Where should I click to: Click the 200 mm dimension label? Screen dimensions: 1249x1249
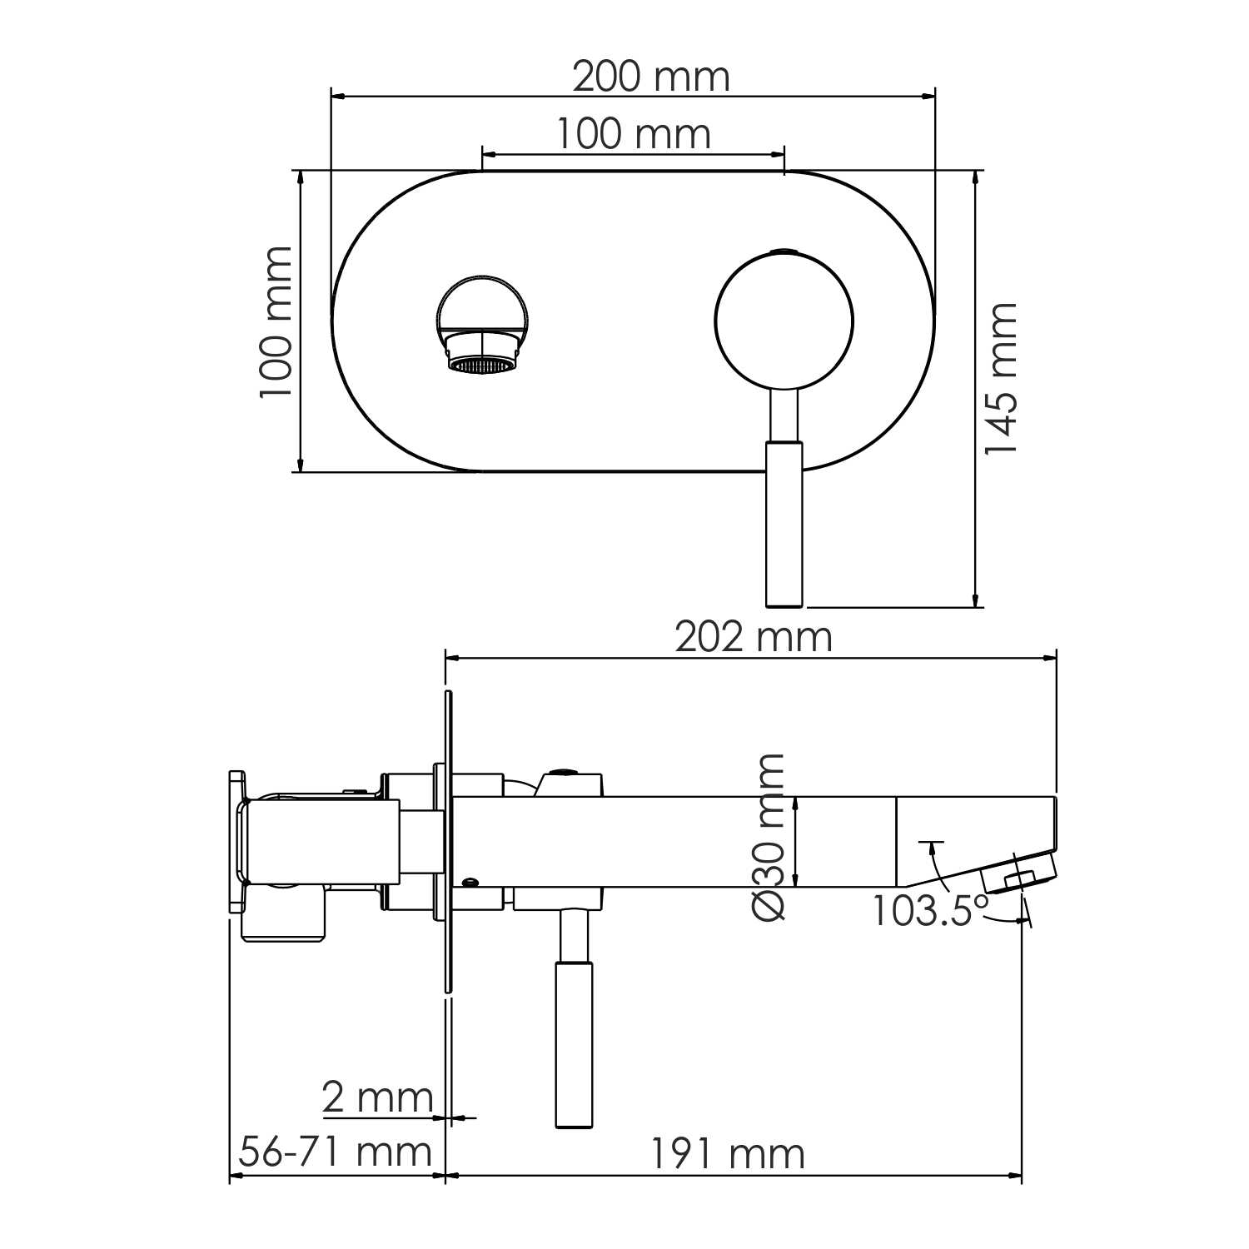click(650, 77)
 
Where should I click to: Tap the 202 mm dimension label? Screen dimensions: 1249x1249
click(753, 638)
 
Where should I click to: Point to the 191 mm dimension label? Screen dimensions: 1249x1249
click(727, 1154)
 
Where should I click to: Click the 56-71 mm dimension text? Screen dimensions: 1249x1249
click(335, 1152)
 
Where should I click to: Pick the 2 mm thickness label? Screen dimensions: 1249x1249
click(377, 1098)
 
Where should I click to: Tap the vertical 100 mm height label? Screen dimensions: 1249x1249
click(276, 322)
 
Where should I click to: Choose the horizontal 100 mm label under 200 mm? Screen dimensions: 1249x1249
click(633, 134)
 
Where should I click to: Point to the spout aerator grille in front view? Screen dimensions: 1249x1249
click(482, 366)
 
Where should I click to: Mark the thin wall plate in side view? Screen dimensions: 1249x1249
click(449, 841)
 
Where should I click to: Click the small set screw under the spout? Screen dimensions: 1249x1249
click(471, 882)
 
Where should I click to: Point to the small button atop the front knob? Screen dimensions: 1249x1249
click(784, 251)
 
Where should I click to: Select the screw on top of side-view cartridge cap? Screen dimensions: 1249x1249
click(566, 772)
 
